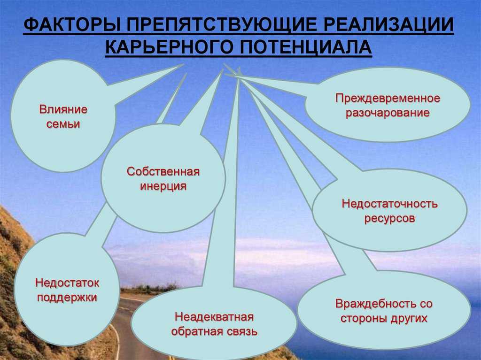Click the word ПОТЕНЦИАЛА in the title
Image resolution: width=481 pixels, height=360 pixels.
point(305,47)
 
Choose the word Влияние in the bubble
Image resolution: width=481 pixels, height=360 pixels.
point(63,109)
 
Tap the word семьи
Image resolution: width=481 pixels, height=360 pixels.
point(63,124)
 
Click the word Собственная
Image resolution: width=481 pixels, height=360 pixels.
point(163,172)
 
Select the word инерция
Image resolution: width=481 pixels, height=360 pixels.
point(163,186)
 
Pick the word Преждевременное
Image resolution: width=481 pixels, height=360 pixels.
point(388,99)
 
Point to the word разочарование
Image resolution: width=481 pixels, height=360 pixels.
point(388,113)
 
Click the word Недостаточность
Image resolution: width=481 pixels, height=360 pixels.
point(389,204)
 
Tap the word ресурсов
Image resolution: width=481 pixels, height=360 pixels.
point(389,219)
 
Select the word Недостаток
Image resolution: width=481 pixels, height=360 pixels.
point(67,283)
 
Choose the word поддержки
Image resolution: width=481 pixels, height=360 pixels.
point(67,298)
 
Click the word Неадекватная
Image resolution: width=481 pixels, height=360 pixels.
point(214,317)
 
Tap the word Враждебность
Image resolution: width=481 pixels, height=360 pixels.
point(374,304)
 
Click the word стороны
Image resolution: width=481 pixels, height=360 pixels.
point(364,319)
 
